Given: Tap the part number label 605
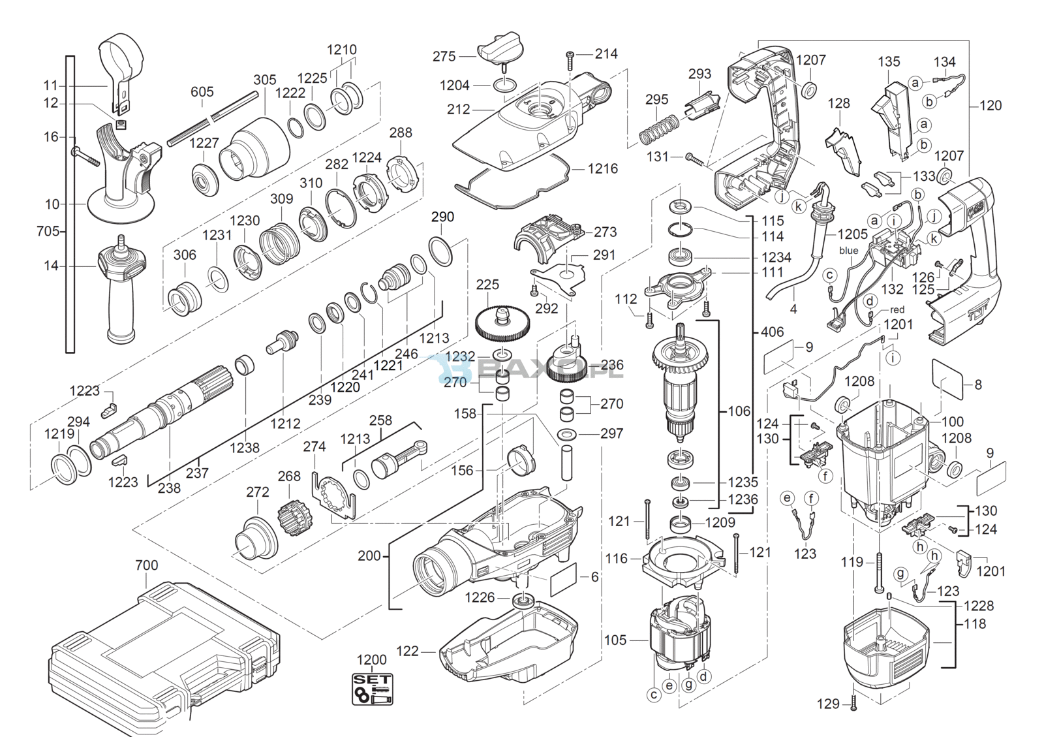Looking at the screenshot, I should (x=202, y=92).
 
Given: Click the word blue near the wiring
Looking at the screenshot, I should (x=849, y=251).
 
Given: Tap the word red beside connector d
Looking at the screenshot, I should (x=897, y=310).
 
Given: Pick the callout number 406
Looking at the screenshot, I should (x=772, y=332).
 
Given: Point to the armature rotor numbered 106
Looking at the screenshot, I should (x=679, y=385).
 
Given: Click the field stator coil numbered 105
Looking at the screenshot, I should (x=679, y=636).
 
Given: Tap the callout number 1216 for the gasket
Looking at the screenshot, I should (x=602, y=168).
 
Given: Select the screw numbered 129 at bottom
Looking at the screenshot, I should (x=853, y=704).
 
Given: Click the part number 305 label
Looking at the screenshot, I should (x=264, y=80).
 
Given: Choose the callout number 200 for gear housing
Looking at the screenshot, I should (x=369, y=556).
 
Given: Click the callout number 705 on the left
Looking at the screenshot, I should (x=48, y=231).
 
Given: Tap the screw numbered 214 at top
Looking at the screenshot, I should (x=570, y=60).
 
